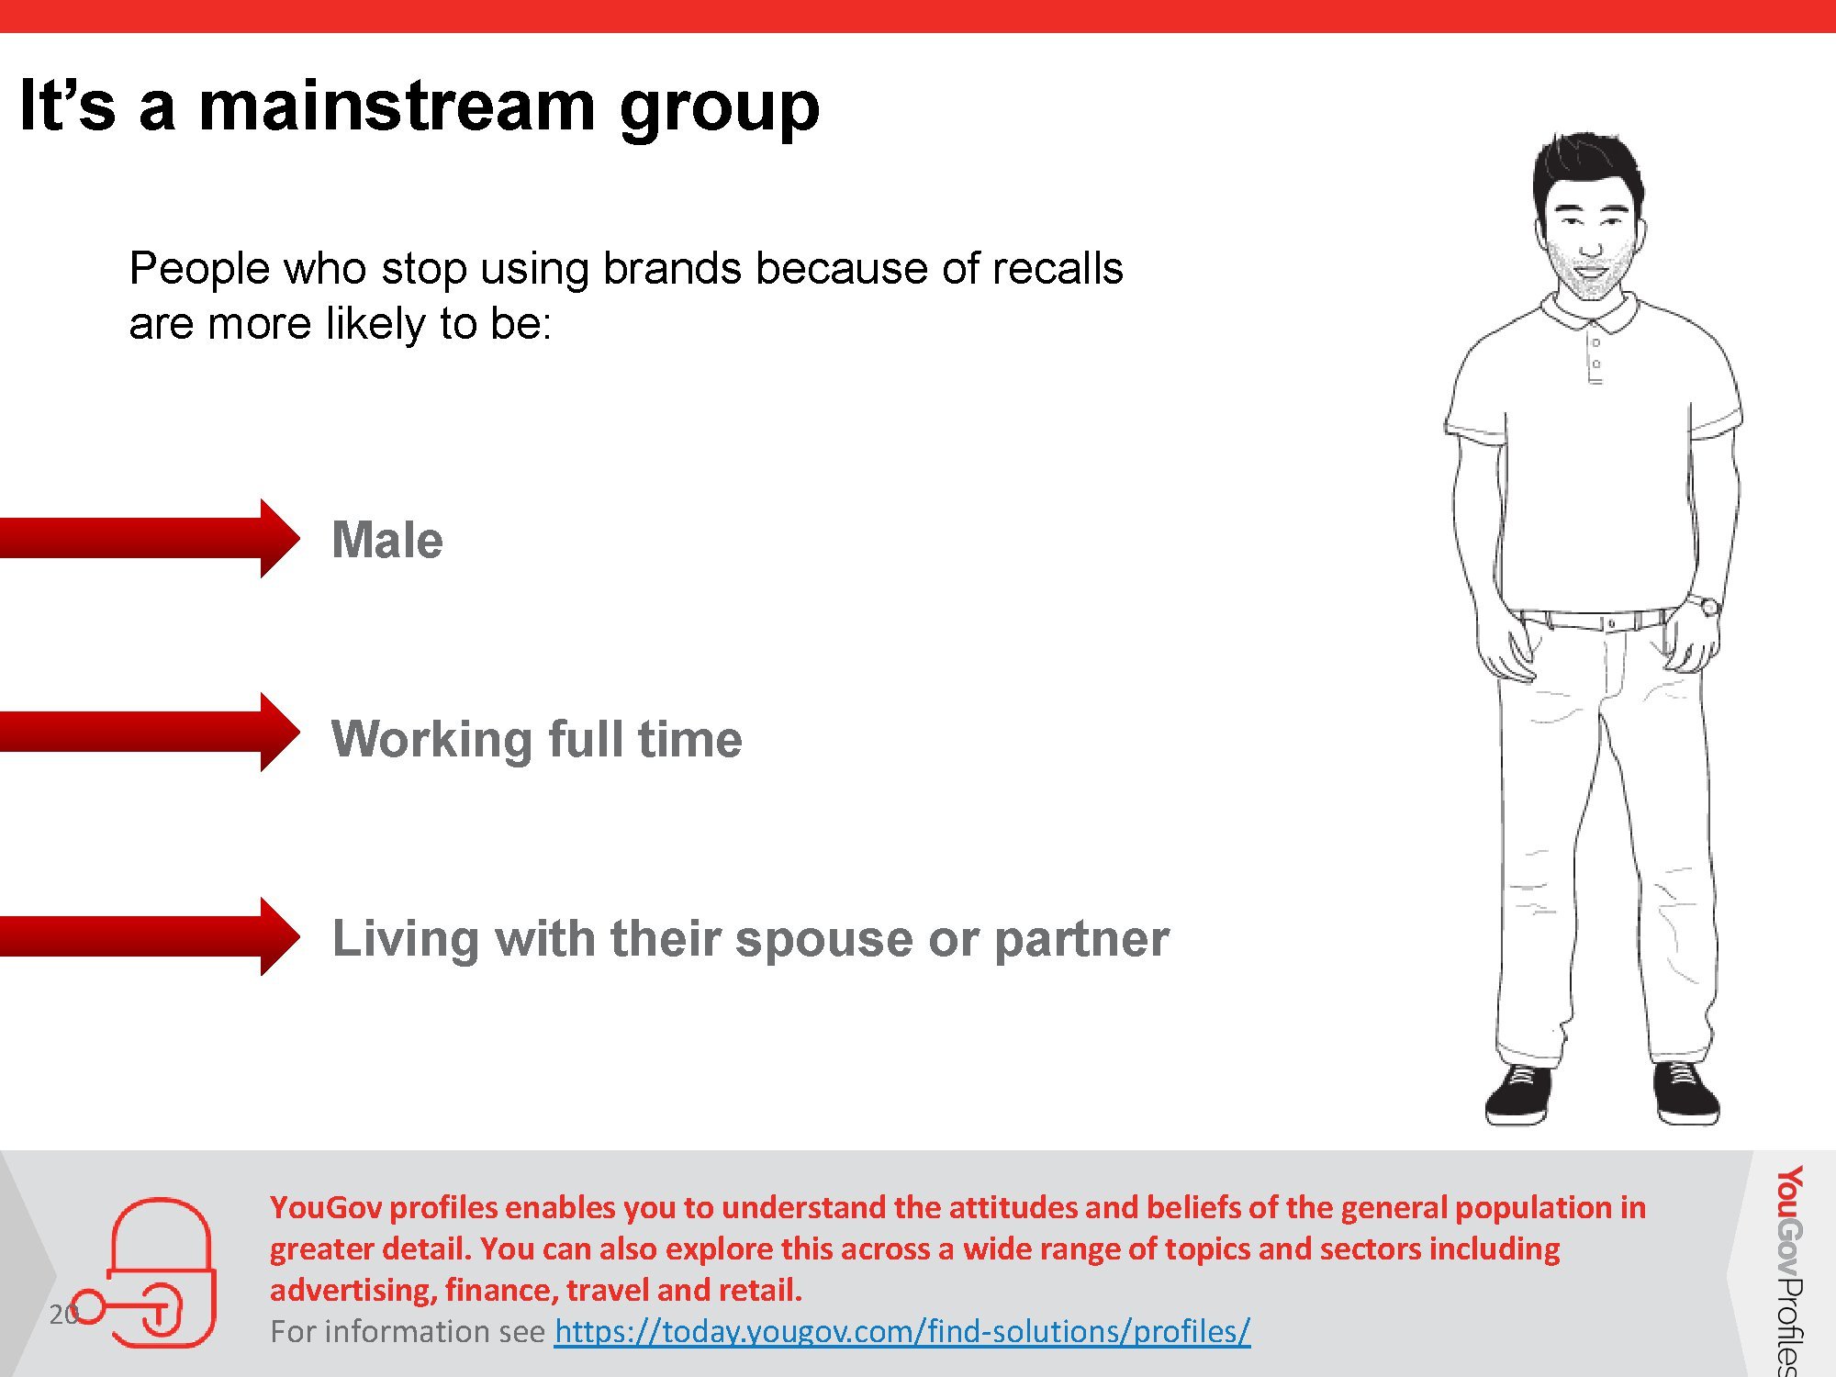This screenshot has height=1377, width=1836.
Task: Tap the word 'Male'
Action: coord(387,540)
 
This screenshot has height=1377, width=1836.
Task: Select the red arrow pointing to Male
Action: coord(150,538)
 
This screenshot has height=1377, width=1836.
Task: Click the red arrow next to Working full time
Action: coord(150,733)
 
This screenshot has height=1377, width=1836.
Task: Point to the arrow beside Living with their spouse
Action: coord(150,936)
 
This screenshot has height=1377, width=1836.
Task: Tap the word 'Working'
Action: coord(431,741)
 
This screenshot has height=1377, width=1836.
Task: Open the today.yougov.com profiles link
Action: coord(901,1331)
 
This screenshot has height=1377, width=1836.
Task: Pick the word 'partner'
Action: coord(1081,940)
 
